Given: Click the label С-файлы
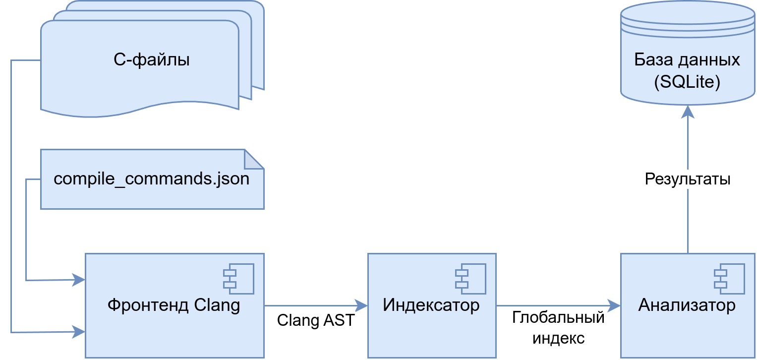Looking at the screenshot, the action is [151, 60].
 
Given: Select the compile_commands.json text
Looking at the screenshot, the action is [151, 179].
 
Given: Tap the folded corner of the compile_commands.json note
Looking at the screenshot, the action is [254, 159].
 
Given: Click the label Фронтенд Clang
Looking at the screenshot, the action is [174, 305].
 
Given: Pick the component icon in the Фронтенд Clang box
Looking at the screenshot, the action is [238, 279].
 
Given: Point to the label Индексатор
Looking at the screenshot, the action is [431, 305].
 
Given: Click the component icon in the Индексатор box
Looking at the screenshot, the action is [470, 279].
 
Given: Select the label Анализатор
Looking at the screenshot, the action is [687, 305].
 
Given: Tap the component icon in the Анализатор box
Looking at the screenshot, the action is [729, 279].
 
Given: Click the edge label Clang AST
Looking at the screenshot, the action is [316, 320].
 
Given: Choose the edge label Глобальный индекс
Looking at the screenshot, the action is [558, 328].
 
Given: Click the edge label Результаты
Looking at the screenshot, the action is [688, 179].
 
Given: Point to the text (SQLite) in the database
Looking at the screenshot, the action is [687, 82].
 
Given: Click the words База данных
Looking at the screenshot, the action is [687, 60].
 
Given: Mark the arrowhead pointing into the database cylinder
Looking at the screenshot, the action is [688, 112].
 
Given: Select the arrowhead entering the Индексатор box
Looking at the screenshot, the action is [361, 305].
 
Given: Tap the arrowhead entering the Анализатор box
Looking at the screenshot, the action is [614, 305].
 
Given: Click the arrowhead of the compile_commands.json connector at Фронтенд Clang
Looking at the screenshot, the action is [79, 280].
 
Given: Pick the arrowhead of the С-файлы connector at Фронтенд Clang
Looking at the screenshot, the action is [79, 332].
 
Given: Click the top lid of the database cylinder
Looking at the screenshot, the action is [688, 13].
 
